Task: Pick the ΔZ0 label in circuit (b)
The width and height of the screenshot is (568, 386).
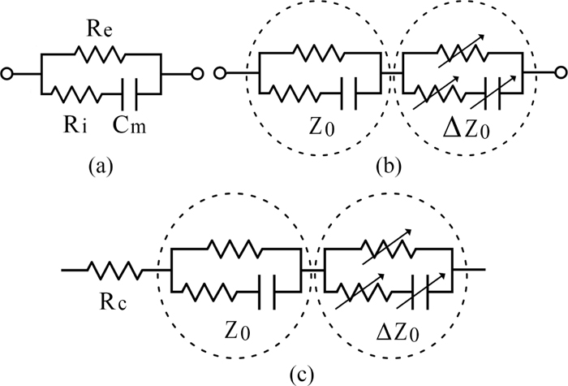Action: pyautogui.click(x=463, y=128)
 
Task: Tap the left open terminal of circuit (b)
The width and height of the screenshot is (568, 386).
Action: pyautogui.click(x=217, y=75)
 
